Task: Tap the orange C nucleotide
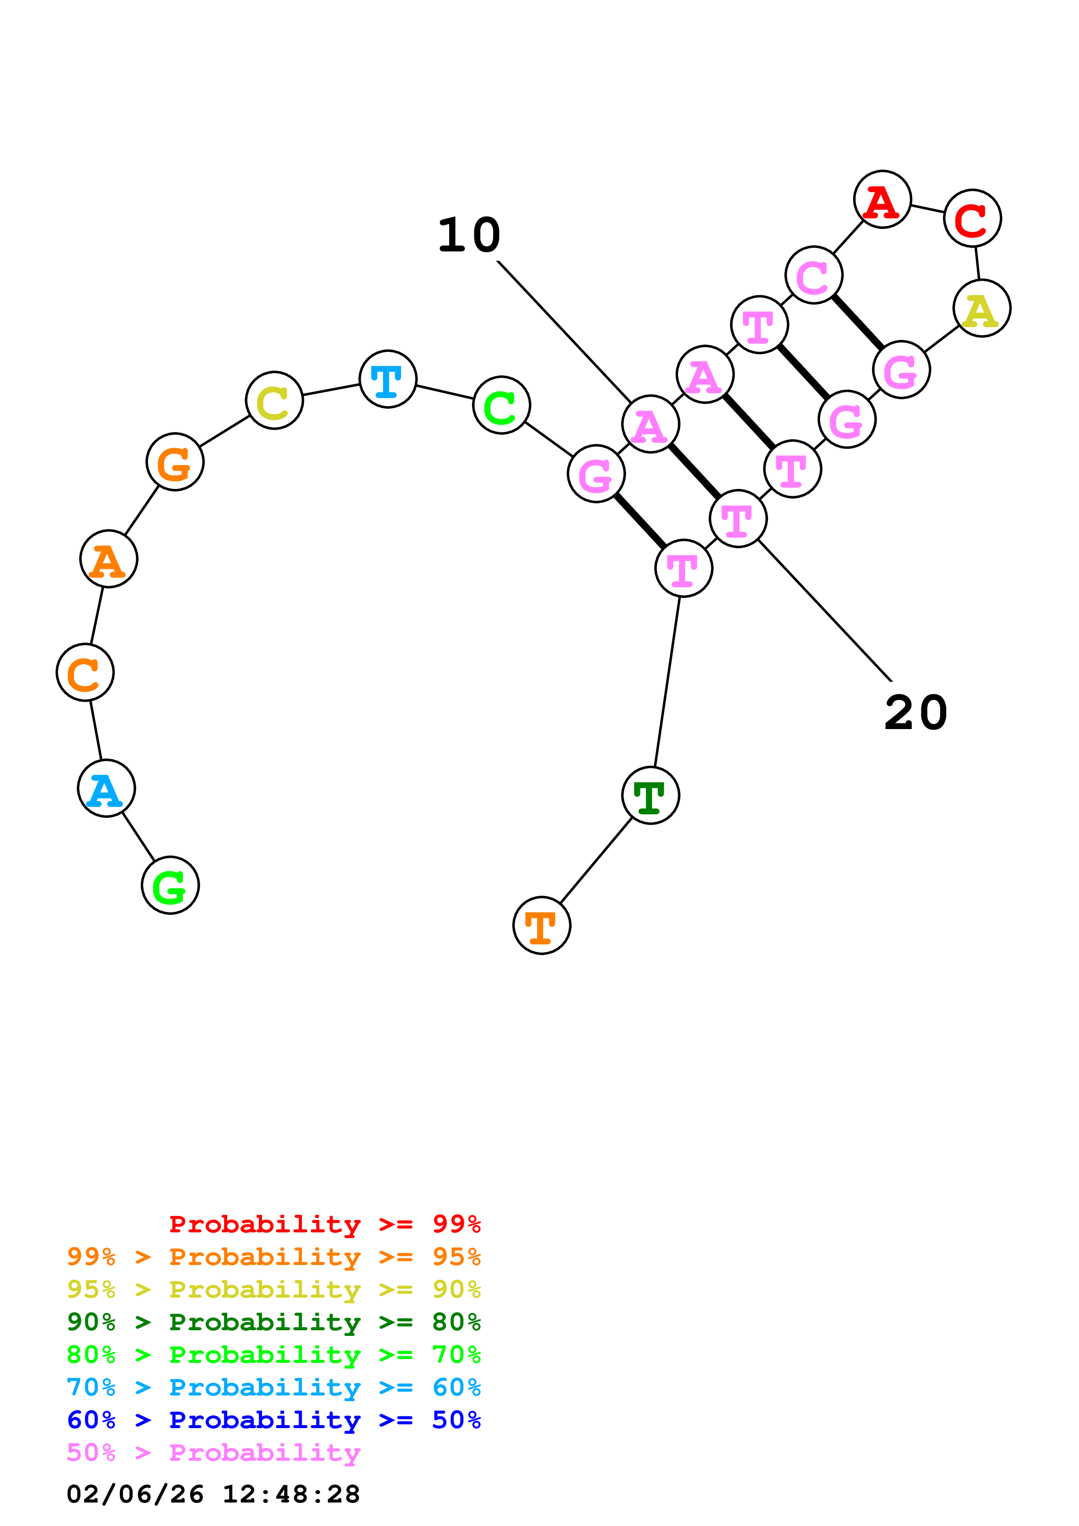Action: pos(85,672)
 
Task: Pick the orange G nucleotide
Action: pos(175,462)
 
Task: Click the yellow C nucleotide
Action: pos(275,400)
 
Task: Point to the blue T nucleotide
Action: pos(387,379)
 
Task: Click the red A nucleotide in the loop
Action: pos(882,199)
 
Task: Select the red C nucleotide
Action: pos(972,218)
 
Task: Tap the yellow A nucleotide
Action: pos(981,308)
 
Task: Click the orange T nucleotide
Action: pos(542,925)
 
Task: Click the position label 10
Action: pos(469,235)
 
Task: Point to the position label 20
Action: pos(915,713)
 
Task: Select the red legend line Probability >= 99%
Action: pos(324,1224)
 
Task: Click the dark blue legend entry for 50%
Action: pos(274,1420)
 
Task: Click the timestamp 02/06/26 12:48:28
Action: pos(213,1494)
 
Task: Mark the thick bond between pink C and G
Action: pos(857,322)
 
